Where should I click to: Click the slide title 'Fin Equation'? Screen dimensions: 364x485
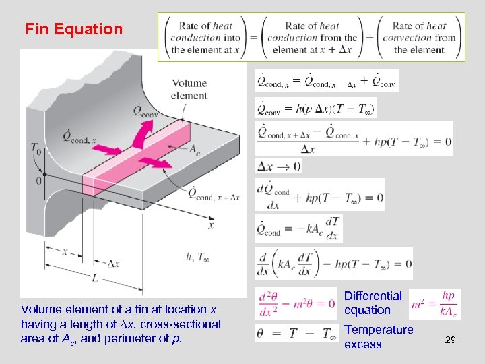[x=74, y=30]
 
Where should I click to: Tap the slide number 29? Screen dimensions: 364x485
[x=451, y=341]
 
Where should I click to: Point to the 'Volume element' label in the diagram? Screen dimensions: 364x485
[x=189, y=90]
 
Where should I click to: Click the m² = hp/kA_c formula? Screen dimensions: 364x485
[x=435, y=303]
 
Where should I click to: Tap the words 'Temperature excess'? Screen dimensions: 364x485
[x=378, y=337]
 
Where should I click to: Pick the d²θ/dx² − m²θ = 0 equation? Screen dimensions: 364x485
[x=296, y=303]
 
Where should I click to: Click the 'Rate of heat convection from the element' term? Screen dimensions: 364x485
[x=419, y=38]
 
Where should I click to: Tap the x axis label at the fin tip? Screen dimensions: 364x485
[x=211, y=226]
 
